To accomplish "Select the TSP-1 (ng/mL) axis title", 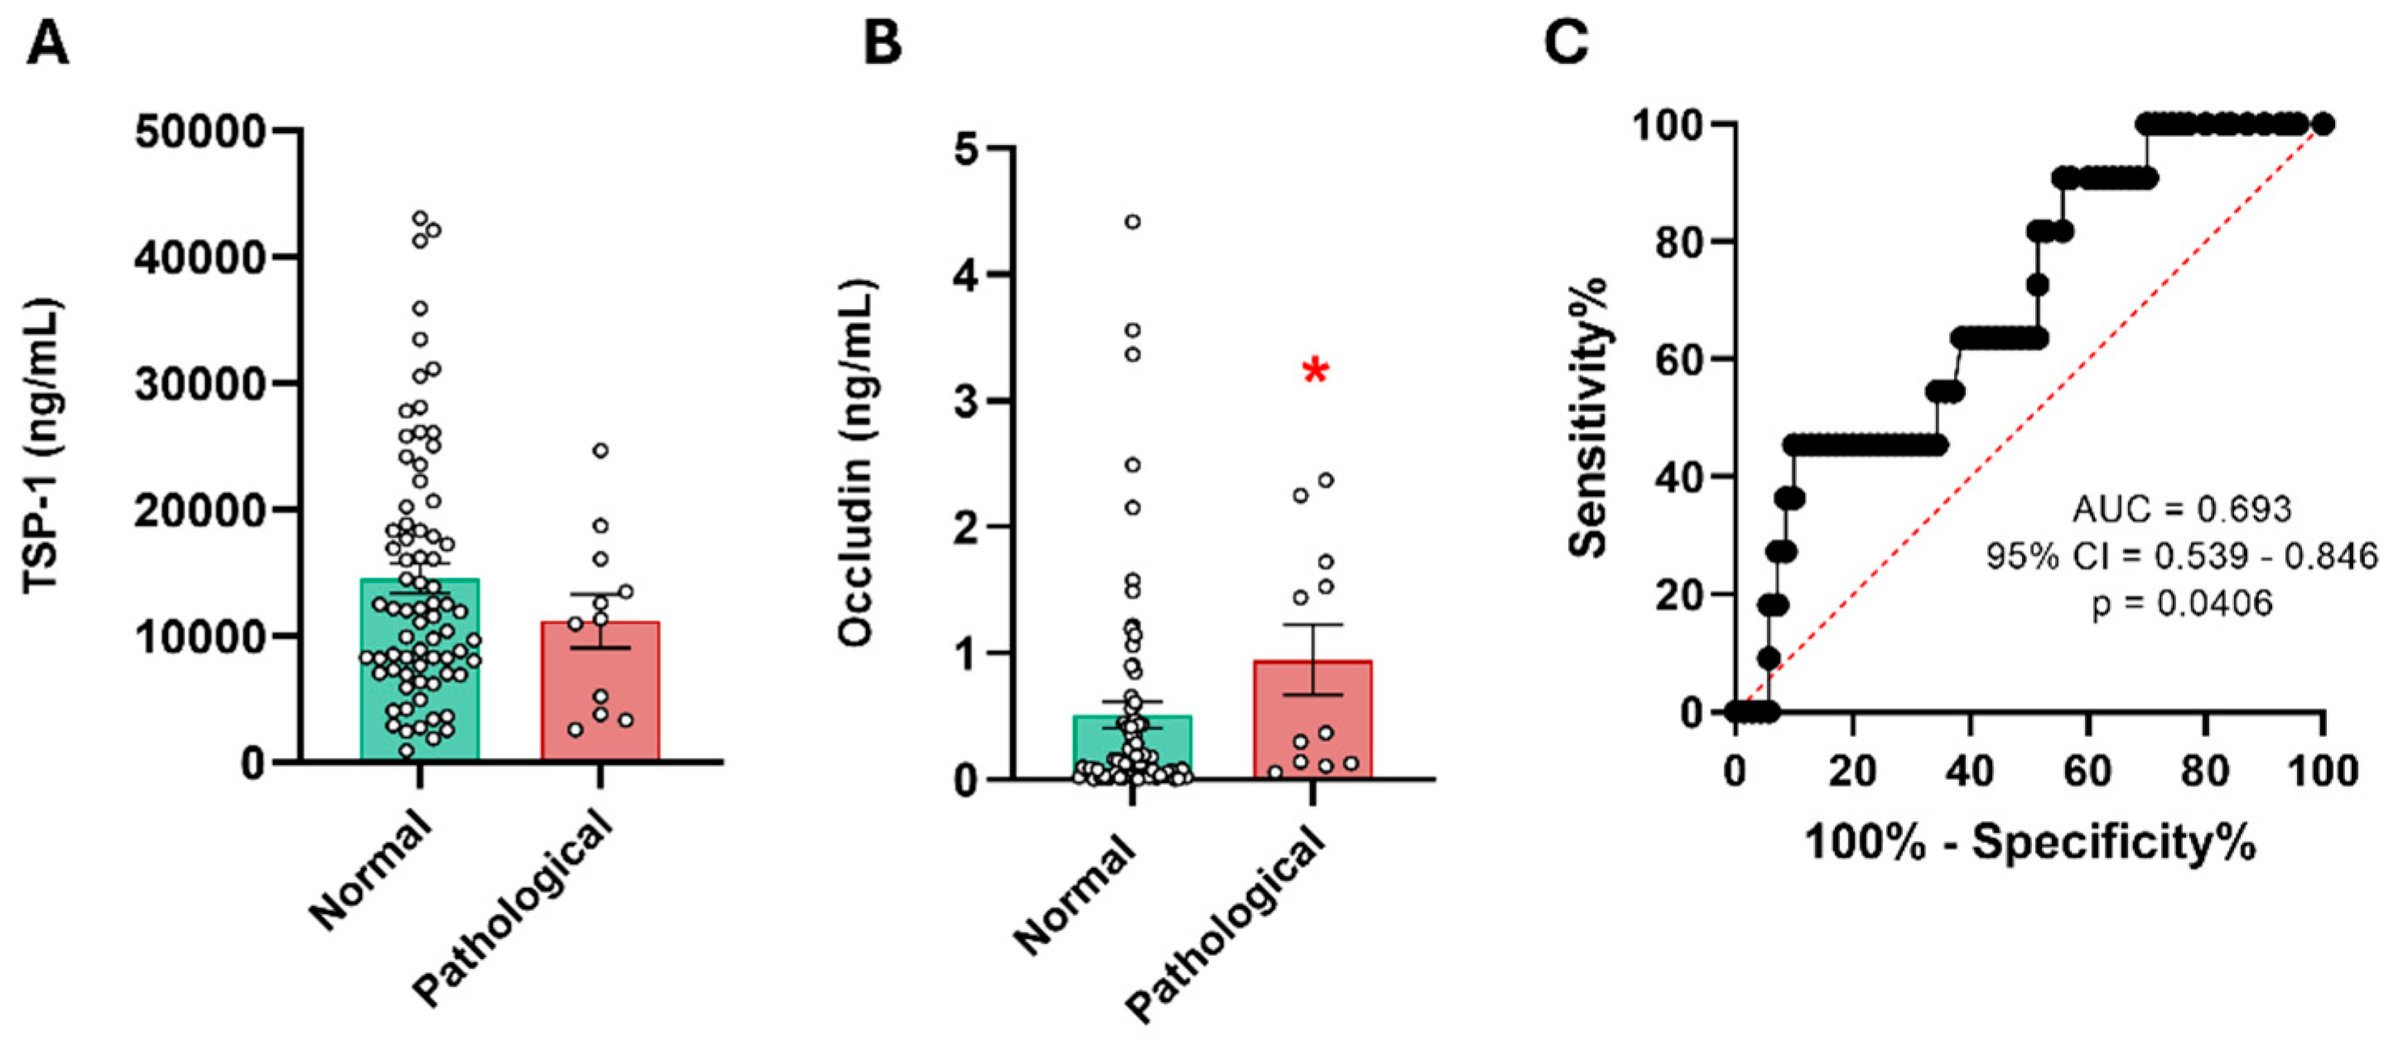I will point(43,445).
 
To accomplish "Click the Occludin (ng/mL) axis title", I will point(855,463).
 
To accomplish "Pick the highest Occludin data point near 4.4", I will point(1132,222).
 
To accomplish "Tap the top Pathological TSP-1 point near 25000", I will point(600,450).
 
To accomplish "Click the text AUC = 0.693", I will point(2181,509).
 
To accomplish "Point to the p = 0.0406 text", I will point(2181,604).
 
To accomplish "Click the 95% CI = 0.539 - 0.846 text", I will point(2181,556).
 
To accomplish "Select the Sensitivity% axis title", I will point(1589,417).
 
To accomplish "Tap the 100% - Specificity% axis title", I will point(2030,843).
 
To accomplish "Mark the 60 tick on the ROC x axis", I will point(2088,771).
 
